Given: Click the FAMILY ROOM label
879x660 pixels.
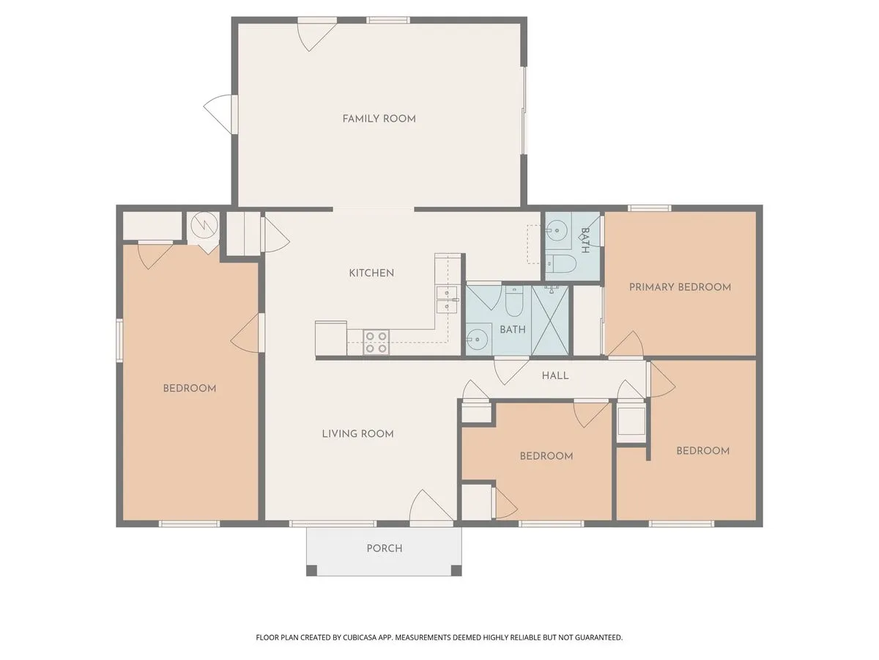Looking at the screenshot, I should click(x=379, y=119).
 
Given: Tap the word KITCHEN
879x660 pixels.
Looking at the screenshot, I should click(x=371, y=273).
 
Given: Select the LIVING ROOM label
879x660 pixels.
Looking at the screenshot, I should click(x=357, y=433).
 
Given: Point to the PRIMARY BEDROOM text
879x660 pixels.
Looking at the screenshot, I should click(x=680, y=287).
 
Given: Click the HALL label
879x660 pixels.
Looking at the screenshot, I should click(x=555, y=375).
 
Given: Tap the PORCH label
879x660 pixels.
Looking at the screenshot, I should click(x=384, y=548).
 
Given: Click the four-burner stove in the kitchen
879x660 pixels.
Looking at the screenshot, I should click(x=377, y=342).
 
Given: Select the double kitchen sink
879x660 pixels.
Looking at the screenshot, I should click(x=445, y=300).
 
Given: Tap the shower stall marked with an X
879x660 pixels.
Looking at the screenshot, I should click(x=551, y=320).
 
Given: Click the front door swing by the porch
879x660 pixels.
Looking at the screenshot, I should click(x=431, y=509).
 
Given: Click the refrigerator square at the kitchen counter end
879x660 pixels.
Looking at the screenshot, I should click(x=331, y=338).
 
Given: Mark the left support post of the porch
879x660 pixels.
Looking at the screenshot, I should click(x=311, y=570).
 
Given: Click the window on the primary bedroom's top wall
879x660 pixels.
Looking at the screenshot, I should click(x=649, y=208).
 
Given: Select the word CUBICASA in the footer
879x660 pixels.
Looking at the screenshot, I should click(x=366, y=637).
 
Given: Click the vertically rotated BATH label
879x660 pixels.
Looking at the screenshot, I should click(x=585, y=241).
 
